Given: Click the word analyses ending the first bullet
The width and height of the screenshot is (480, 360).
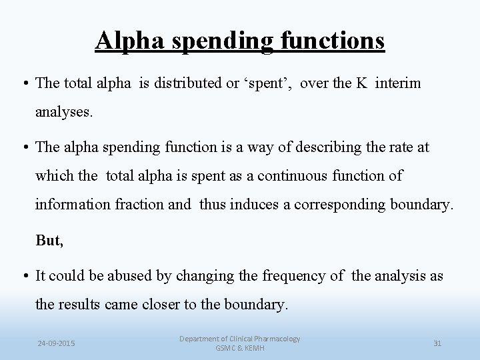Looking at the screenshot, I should tap(65, 112).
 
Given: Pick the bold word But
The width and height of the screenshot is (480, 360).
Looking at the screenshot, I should tap(49, 241).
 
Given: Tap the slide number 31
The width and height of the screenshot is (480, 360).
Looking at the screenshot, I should tap(438, 343).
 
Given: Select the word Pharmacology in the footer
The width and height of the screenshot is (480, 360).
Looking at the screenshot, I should tap(273, 339).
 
